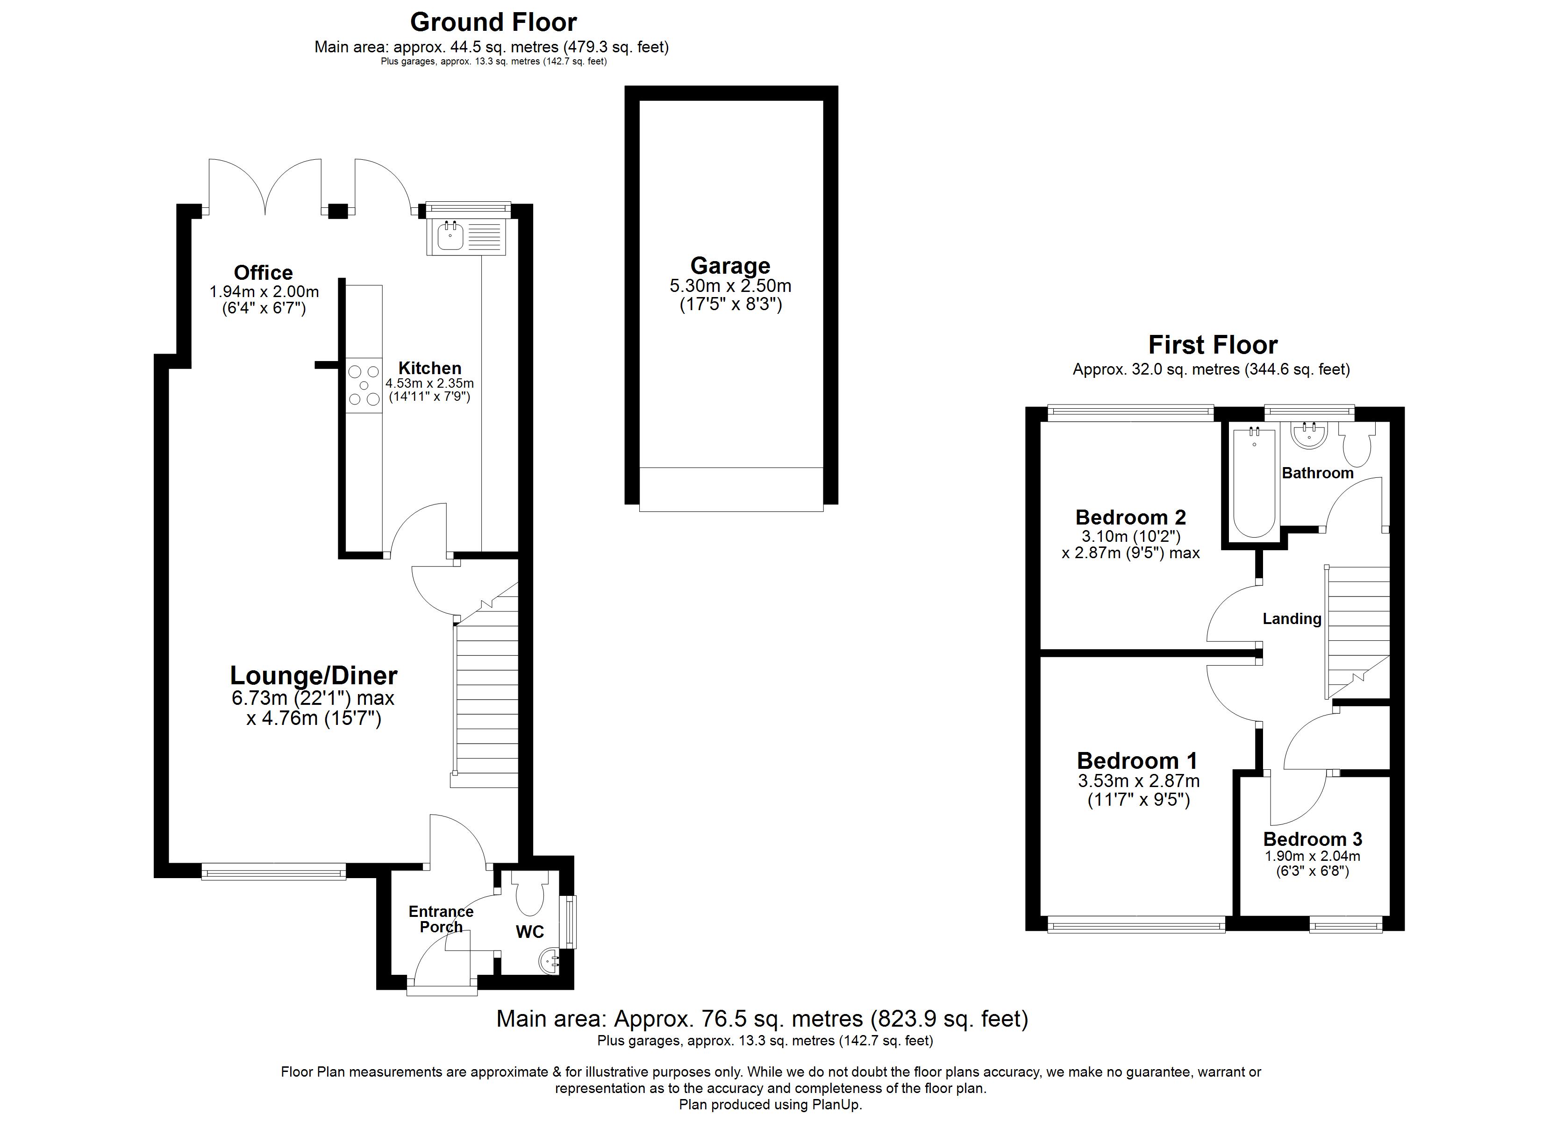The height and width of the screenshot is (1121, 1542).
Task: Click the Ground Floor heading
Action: (x=493, y=22)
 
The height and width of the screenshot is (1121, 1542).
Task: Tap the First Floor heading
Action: (x=1213, y=345)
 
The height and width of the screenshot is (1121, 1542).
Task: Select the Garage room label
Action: (x=730, y=265)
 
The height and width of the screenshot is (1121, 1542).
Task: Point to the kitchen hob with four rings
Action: (x=364, y=385)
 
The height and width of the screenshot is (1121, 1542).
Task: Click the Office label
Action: (x=263, y=273)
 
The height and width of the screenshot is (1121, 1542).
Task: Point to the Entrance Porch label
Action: (x=441, y=919)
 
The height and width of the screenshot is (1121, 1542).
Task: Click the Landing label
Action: (x=1292, y=618)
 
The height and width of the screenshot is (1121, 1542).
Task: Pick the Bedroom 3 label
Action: (x=1312, y=839)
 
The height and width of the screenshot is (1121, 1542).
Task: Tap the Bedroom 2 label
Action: (x=1131, y=518)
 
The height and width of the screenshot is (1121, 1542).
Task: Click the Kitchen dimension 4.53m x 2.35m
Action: (x=430, y=383)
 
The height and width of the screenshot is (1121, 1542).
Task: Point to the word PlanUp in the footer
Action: (x=836, y=1105)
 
